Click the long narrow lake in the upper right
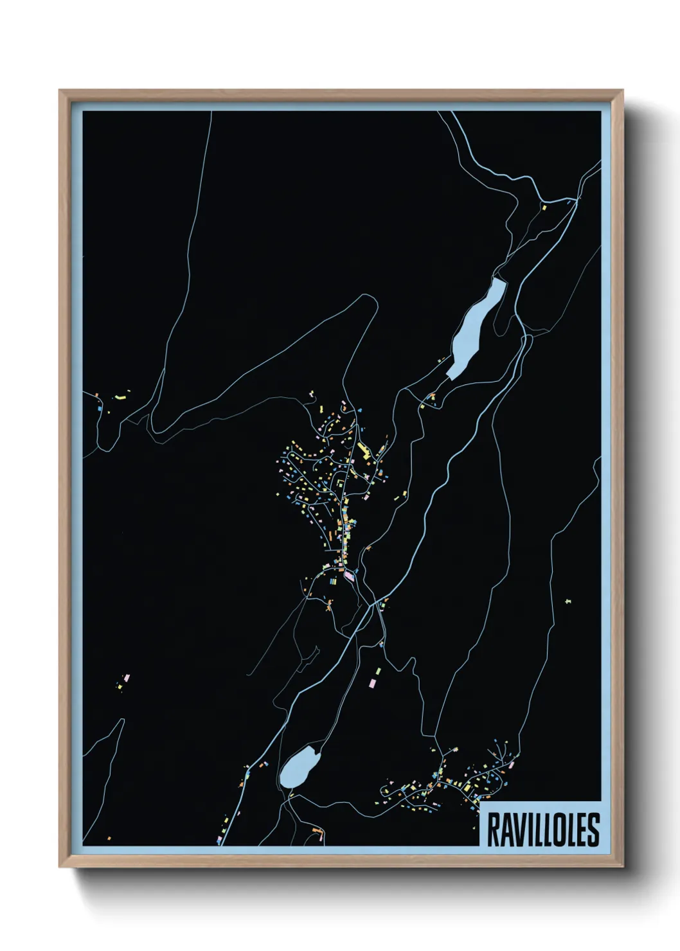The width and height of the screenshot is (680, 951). coord(478,326)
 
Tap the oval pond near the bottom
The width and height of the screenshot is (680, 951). coord(300,767)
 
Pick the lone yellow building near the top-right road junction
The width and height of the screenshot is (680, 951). coord(543,208)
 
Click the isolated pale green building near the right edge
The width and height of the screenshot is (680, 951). coord(568,601)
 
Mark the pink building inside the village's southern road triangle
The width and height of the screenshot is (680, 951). coord(349,576)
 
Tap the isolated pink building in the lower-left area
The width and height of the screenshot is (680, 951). coord(127,678)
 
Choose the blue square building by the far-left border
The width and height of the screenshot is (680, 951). coord(100,407)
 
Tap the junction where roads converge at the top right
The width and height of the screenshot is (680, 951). coord(577,199)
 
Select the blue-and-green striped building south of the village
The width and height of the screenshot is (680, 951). coord(333,581)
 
